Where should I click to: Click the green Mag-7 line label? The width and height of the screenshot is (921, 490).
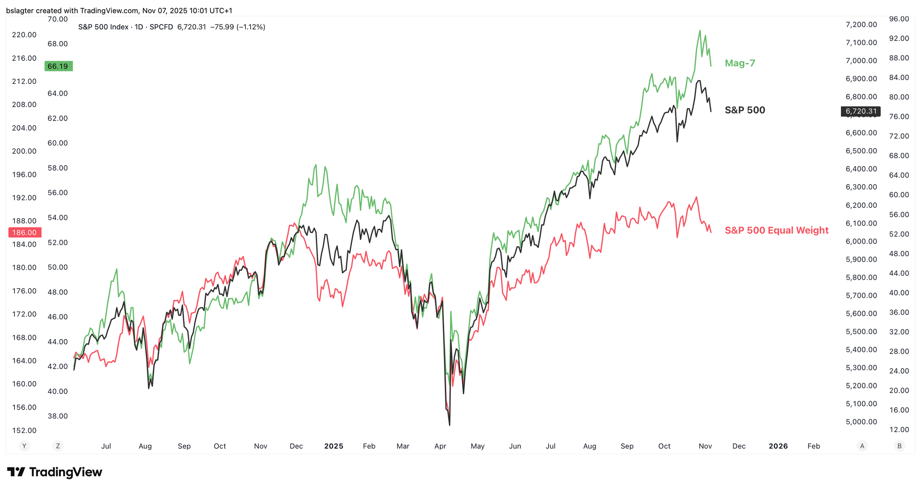click(740, 63)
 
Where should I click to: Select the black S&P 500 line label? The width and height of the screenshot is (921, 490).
click(745, 110)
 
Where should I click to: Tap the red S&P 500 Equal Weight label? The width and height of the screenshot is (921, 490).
click(776, 230)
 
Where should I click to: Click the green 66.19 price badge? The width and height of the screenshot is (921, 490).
click(58, 66)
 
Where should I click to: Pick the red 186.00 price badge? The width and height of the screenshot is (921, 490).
click(25, 233)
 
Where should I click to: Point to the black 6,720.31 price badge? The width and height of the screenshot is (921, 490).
click(861, 111)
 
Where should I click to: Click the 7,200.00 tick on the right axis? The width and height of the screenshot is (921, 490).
click(861, 24)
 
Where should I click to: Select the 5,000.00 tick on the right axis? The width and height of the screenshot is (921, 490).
click(861, 421)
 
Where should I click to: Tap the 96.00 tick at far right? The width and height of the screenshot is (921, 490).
click(898, 19)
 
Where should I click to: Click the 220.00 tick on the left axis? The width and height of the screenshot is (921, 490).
click(24, 35)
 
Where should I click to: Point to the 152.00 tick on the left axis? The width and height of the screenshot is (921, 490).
click(24, 430)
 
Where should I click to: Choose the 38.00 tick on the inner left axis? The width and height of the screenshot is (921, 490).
click(58, 416)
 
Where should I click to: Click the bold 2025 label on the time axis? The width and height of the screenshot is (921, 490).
click(333, 446)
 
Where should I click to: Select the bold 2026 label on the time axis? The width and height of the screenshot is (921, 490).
click(778, 446)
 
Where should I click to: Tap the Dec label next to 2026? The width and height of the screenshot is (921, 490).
click(739, 446)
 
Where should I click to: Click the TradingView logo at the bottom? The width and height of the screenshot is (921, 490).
click(54, 472)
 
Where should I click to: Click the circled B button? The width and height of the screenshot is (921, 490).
click(899, 446)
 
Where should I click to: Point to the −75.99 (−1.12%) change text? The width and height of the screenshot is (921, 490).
click(238, 27)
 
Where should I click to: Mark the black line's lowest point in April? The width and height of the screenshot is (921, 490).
click(449, 425)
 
